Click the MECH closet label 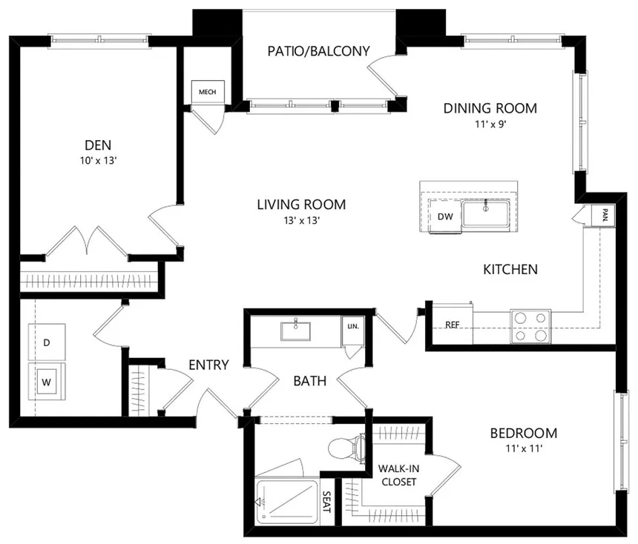[x=206, y=92]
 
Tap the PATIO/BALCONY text [x=318, y=51]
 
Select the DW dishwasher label [x=445, y=217]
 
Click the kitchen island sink [x=486, y=212]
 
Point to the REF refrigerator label [x=452, y=325]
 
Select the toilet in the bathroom [x=346, y=448]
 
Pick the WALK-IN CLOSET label [x=397, y=475]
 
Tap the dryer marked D [x=47, y=343]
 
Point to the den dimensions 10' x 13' [x=98, y=158]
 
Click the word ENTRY [x=208, y=365]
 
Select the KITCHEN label [x=510, y=269]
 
